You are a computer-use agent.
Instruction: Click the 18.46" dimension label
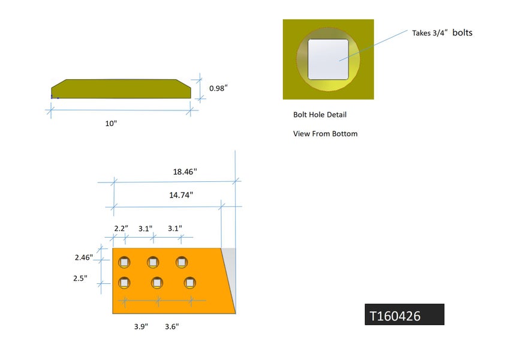point(185,172)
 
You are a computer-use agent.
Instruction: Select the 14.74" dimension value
point(181,195)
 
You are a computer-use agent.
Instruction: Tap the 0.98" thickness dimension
point(218,88)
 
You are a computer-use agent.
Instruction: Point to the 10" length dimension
point(111,124)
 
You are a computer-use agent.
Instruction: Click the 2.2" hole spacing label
point(121,229)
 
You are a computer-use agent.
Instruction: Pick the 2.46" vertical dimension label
point(84,257)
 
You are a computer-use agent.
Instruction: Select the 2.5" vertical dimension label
point(80,278)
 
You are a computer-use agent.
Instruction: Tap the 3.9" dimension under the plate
point(141,326)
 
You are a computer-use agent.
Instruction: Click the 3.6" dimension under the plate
point(172,326)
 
